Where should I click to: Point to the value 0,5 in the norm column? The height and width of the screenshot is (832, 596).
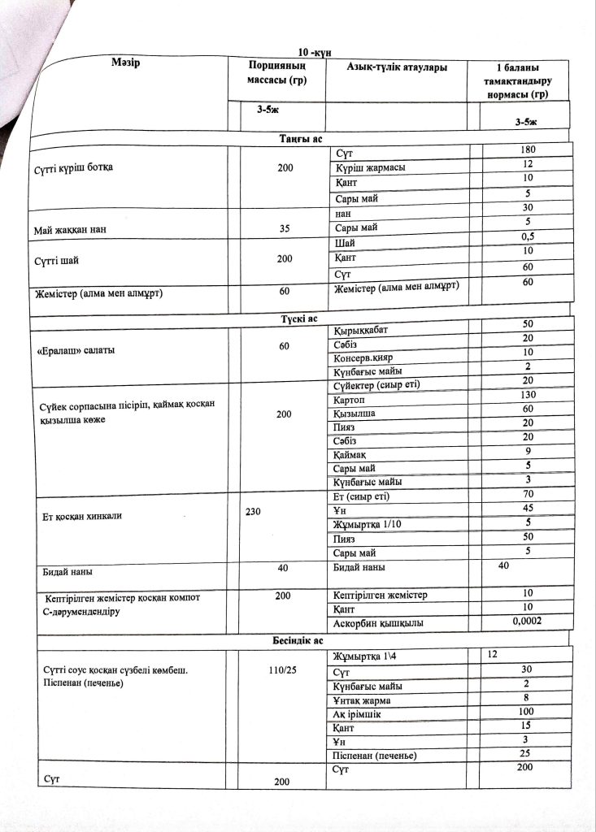(527, 236)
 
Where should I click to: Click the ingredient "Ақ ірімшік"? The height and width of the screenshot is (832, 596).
(362, 714)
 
